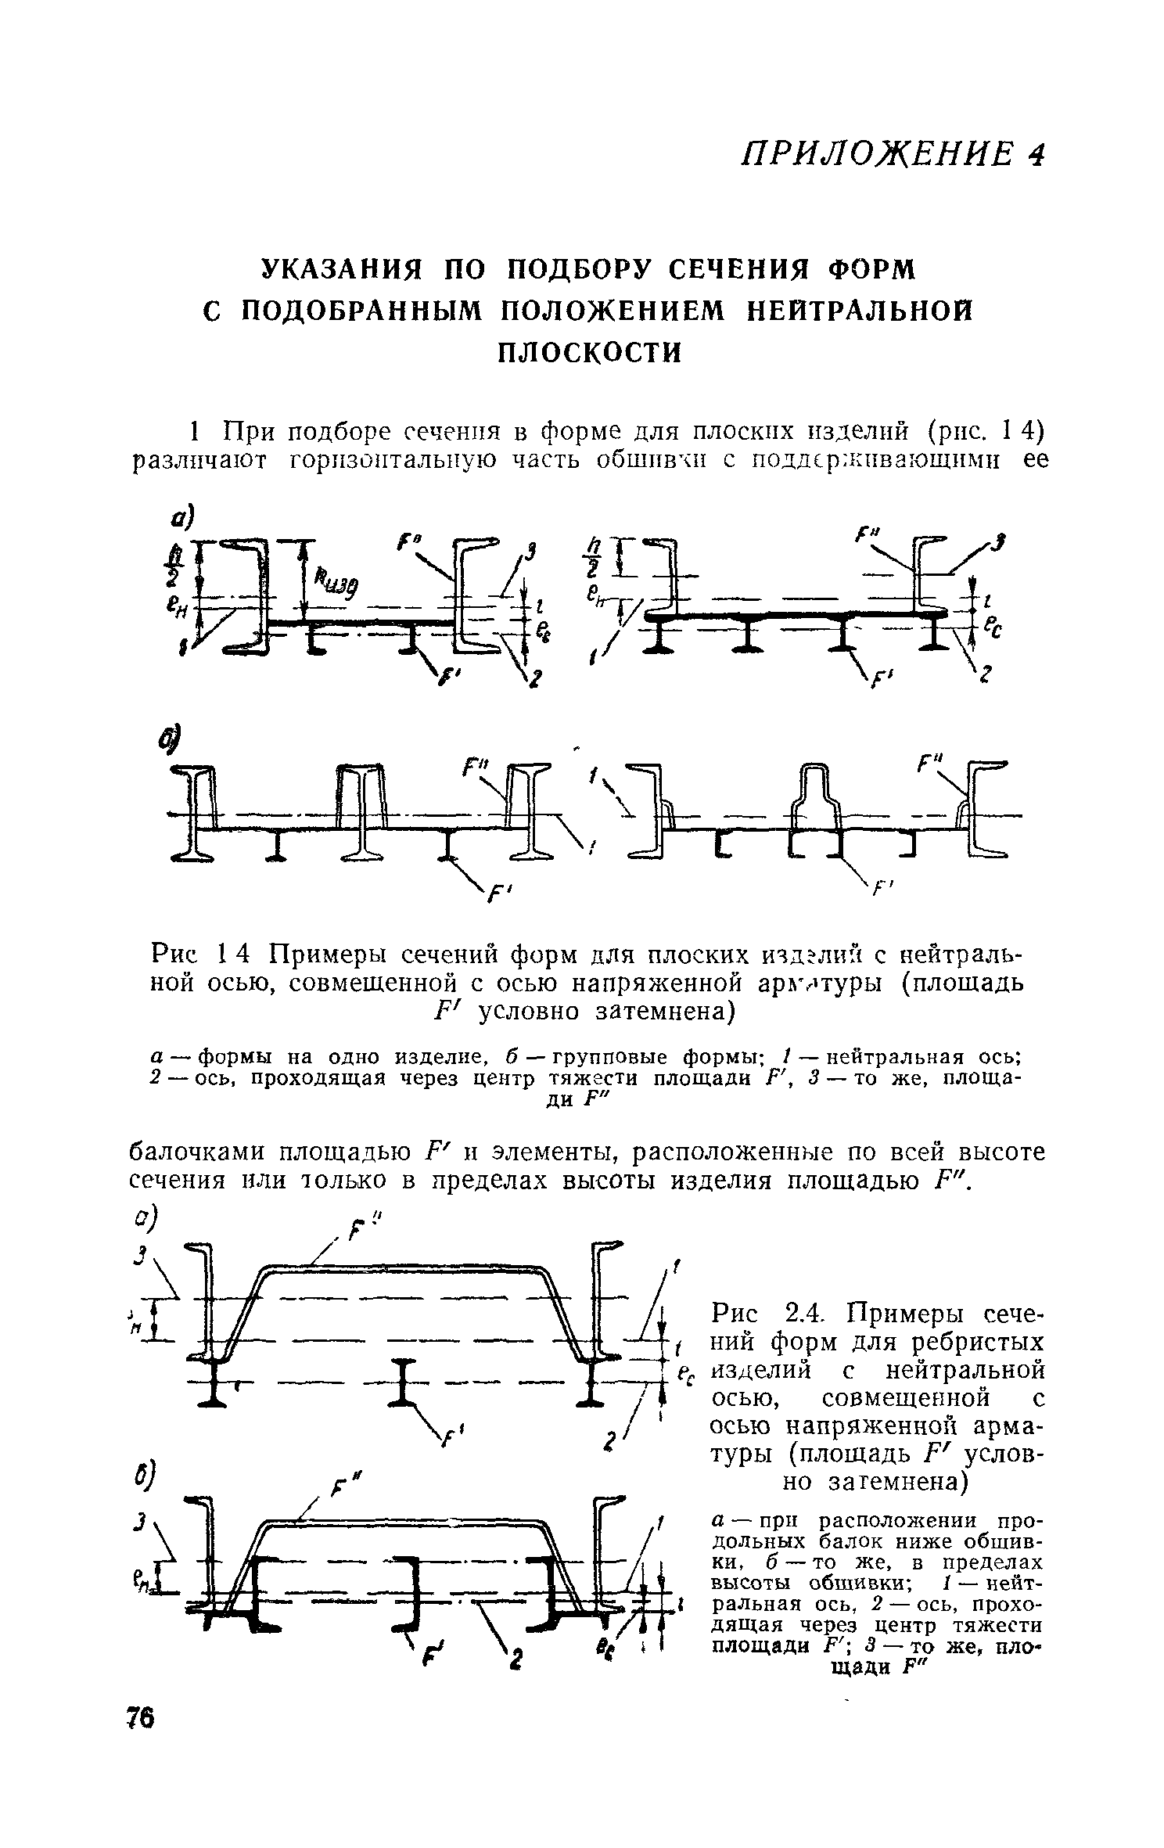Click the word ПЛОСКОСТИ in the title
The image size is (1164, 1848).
(x=591, y=352)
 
